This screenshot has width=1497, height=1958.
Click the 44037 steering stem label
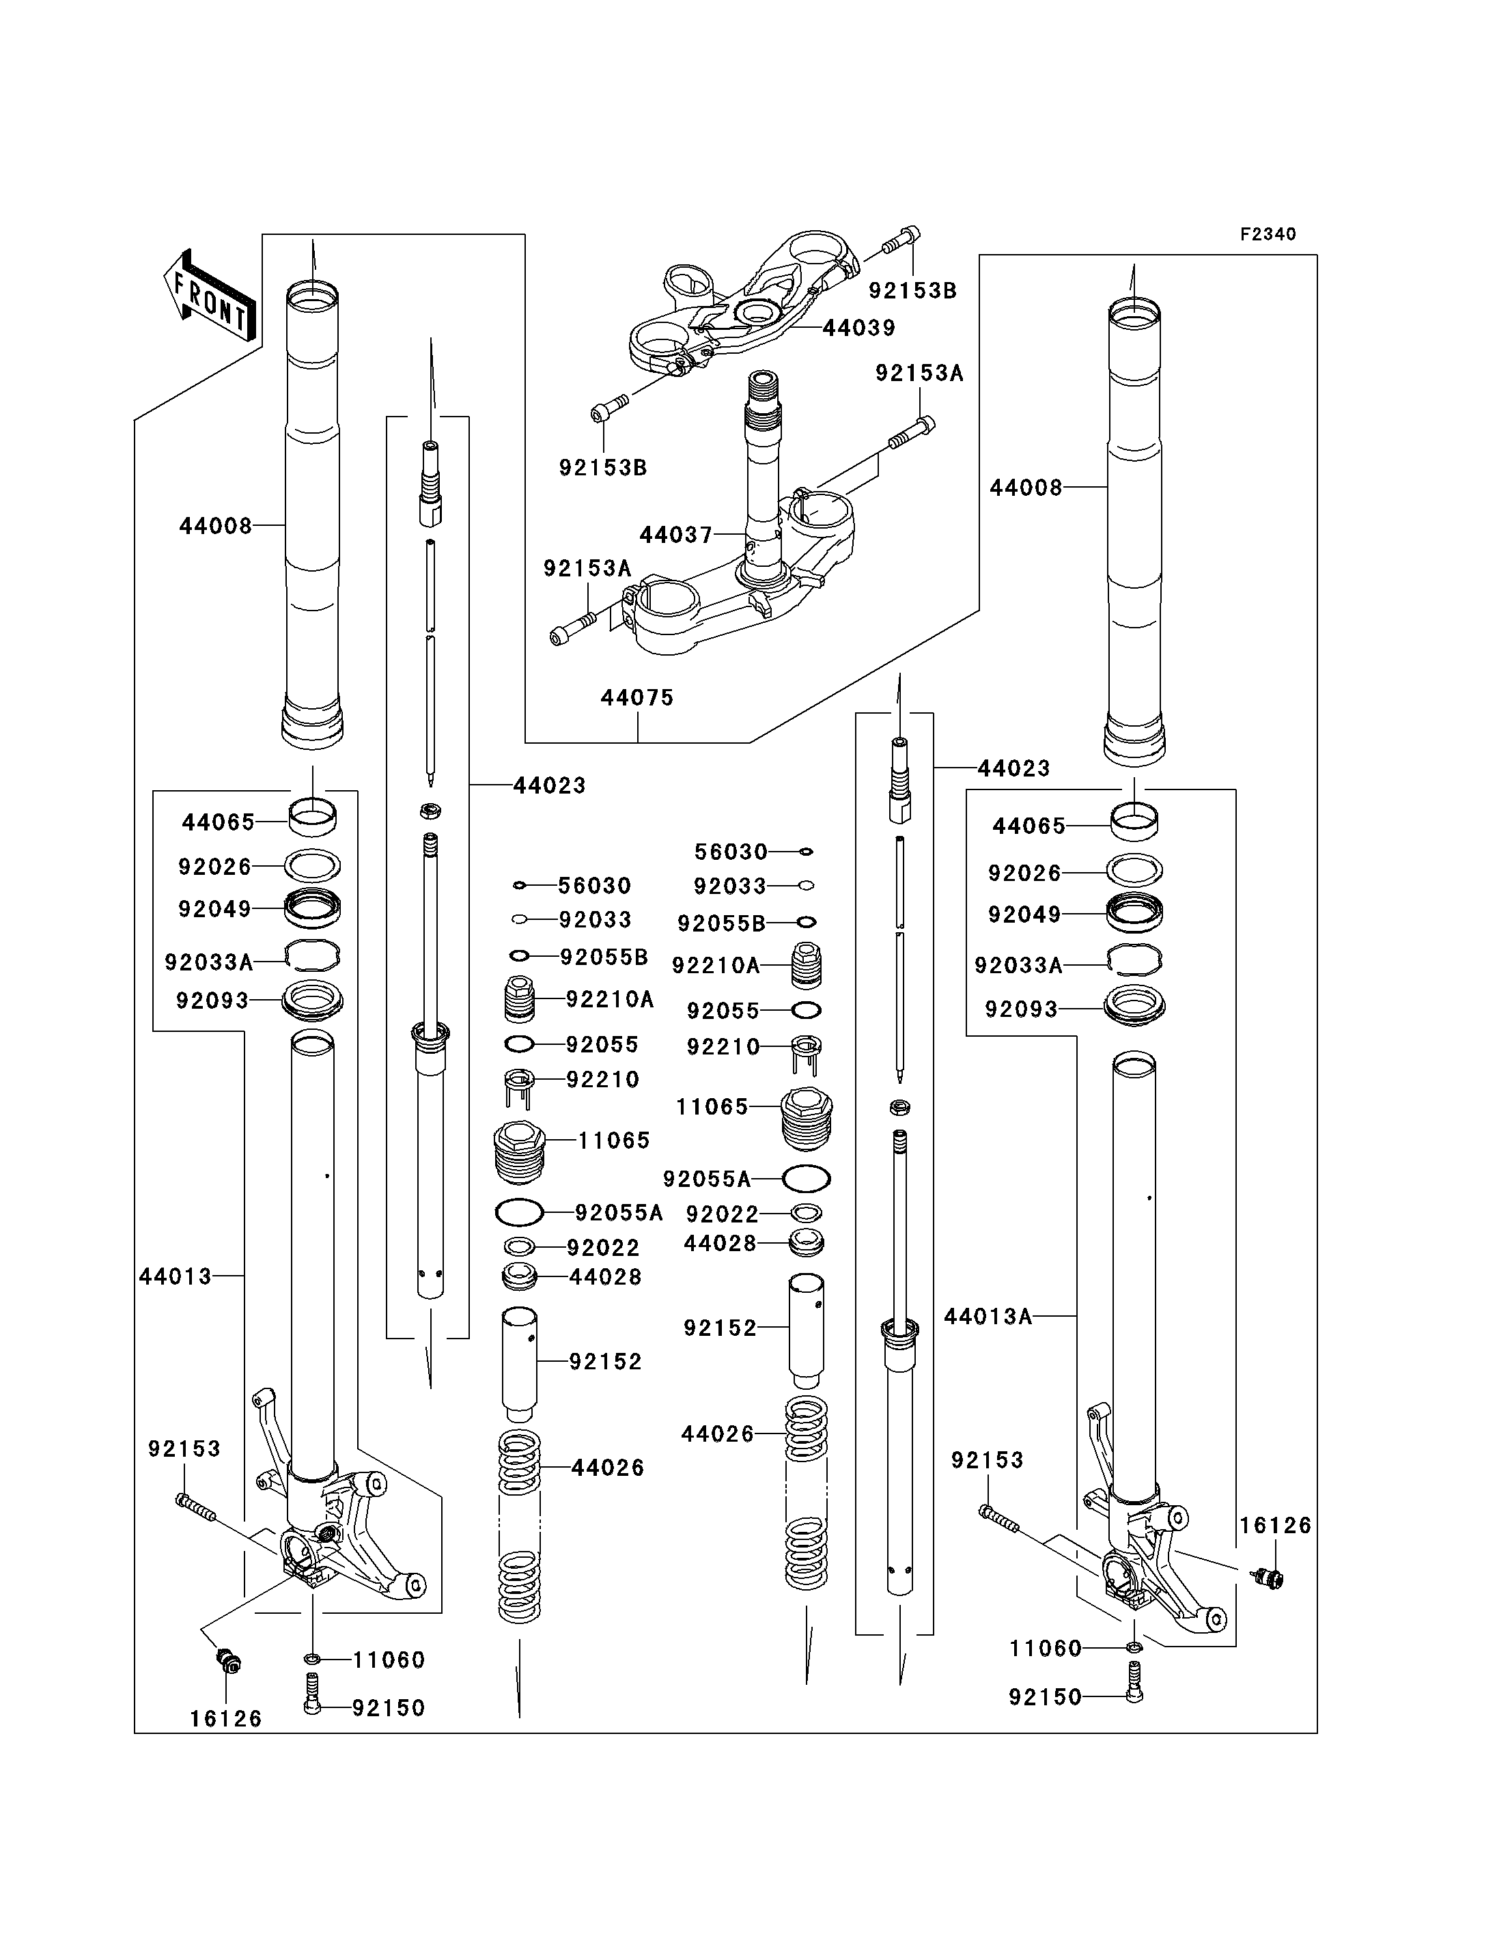point(676,535)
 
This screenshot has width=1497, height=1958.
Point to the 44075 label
point(637,698)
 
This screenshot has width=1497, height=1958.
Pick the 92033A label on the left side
point(208,962)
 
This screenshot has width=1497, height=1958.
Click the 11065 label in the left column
point(614,1141)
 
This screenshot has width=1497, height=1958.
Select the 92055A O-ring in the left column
point(518,1212)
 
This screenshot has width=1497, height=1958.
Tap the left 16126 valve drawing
point(229,1660)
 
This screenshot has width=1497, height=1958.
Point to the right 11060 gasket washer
point(1134,1647)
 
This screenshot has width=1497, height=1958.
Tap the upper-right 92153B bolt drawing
point(901,240)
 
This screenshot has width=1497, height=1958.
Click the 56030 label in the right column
point(731,852)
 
